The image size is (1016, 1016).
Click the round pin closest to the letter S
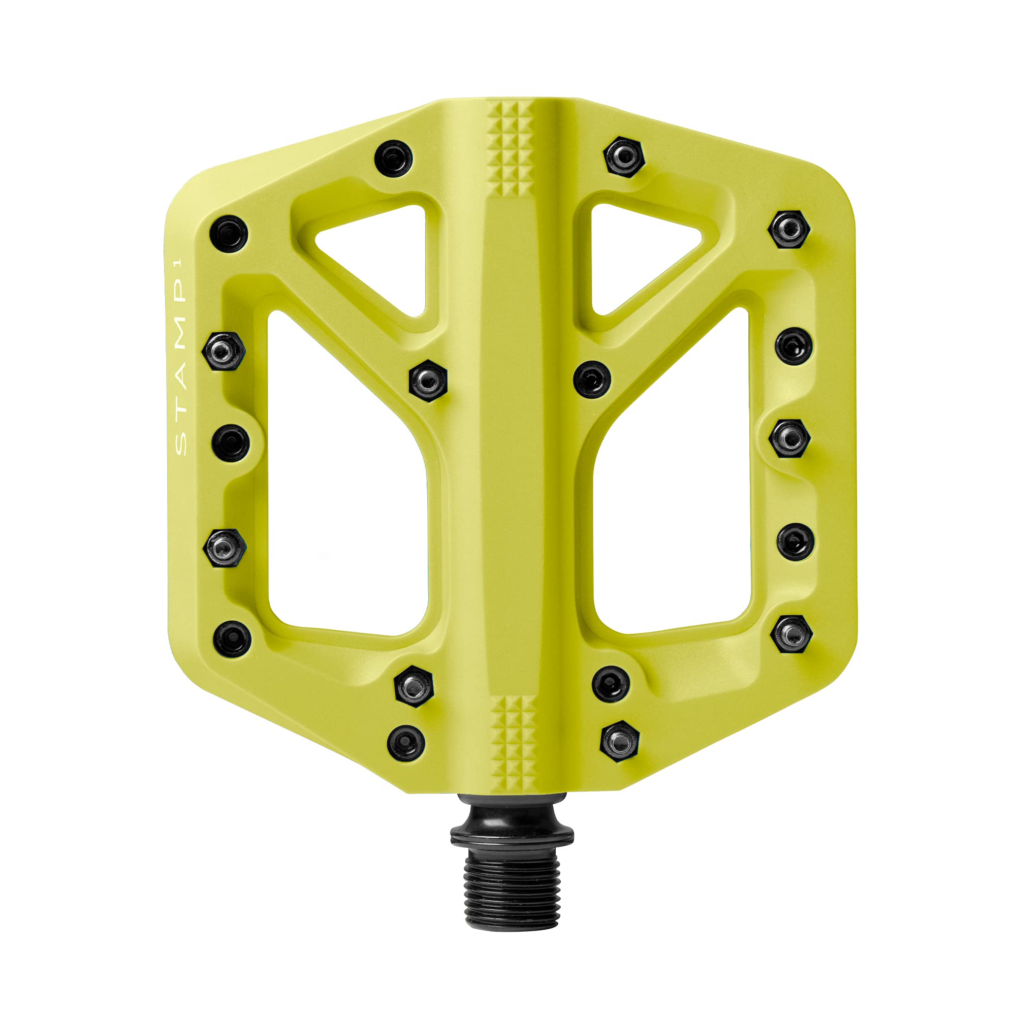click(x=230, y=443)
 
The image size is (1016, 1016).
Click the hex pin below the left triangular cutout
click(x=428, y=380)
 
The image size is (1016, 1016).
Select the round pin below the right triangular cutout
click(x=592, y=379)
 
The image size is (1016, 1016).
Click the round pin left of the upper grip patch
click(x=393, y=158)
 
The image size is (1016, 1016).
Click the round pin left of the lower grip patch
click(x=406, y=743)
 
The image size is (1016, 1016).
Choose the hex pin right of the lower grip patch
click(x=619, y=742)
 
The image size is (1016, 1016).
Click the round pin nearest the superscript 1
click(x=228, y=234)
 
